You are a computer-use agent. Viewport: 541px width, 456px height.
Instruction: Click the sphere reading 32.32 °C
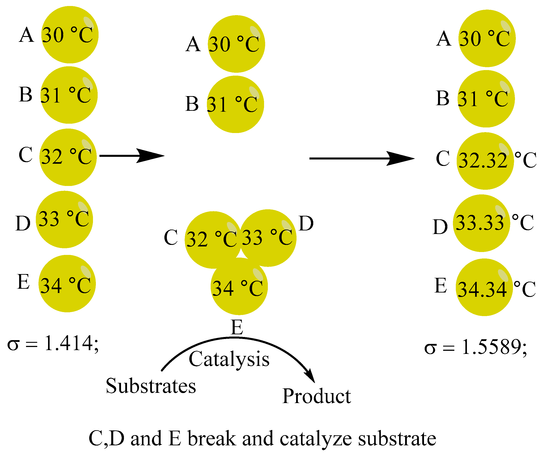[x=485, y=161]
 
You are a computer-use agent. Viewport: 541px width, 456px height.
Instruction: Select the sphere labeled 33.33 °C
[x=481, y=223]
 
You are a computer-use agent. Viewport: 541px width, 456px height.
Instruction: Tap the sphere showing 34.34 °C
[x=484, y=287]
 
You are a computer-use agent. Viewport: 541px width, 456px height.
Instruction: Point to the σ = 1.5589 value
[x=476, y=347]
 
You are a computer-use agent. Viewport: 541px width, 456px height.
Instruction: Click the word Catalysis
[x=229, y=359]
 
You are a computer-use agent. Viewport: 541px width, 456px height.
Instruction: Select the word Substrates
[x=151, y=386]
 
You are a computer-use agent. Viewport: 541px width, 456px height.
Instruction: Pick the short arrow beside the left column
[x=132, y=156]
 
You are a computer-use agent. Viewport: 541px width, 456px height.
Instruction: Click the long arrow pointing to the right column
[x=362, y=158]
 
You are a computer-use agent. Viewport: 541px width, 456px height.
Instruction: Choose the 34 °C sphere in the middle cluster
[x=239, y=287]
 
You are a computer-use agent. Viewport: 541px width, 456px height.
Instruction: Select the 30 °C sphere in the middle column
[x=236, y=44]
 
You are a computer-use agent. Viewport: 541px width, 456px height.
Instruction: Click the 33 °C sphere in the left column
[x=64, y=220]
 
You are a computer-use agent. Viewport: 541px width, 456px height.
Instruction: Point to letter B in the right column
[x=442, y=98]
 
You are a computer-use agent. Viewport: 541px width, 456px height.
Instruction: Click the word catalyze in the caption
[x=316, y=439]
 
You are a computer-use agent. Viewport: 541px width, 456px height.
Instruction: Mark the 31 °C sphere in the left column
[x=69, y=95]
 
